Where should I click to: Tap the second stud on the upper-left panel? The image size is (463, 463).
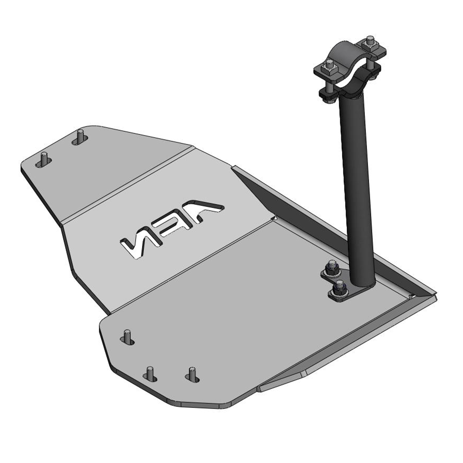pos(80,136)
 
